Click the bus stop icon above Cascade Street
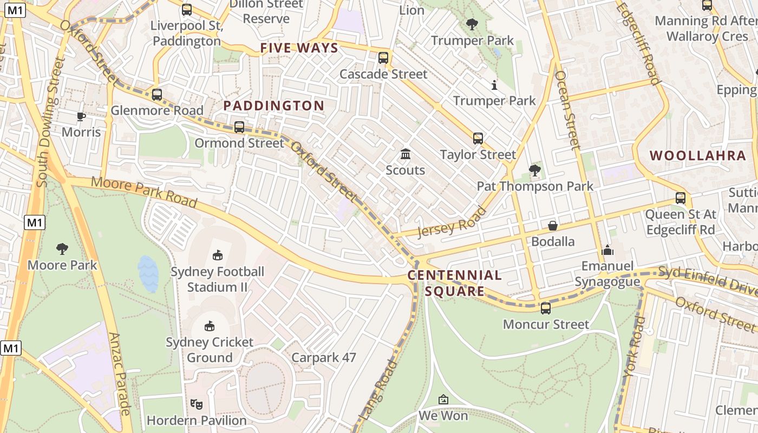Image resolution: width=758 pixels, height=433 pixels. [383, 57]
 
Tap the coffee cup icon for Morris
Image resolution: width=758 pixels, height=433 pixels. [81, 116]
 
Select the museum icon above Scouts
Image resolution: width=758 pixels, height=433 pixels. [405, 154]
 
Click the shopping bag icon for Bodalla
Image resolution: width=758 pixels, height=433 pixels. [552, 225]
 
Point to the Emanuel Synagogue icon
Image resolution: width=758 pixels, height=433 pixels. [607, 250]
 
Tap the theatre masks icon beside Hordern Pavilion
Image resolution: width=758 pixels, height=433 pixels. [197, 404]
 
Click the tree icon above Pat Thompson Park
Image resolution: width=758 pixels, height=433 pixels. [535, 170]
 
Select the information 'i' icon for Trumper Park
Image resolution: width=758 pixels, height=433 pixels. [494, 85]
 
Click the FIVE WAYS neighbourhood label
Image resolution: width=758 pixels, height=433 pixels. [299, 48]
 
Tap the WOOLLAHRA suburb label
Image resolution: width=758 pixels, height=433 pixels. [698, 156]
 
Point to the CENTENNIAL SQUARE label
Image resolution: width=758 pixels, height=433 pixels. [455, 283]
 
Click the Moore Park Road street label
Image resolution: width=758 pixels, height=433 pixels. [143, 192]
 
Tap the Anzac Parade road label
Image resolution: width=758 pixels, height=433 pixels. [120, 373]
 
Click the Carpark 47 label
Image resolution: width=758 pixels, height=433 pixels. [324, 358]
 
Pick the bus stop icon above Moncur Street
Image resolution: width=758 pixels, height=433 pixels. [546, 309]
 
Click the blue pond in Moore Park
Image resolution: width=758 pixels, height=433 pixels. [148, 273]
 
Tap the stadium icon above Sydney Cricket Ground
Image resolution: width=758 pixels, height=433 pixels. [210, 326]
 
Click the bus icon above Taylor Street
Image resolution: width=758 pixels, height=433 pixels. [478, 139]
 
